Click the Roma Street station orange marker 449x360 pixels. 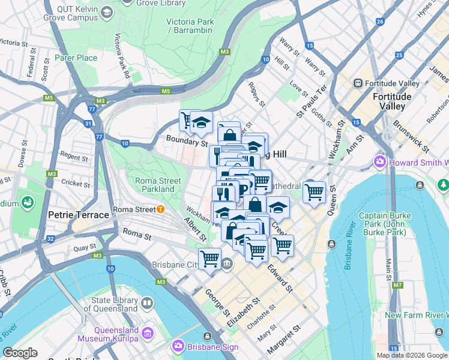[x=160, y=209]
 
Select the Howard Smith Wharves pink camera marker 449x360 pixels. [x=380, y=162]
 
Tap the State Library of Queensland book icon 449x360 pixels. [x=147, y=303]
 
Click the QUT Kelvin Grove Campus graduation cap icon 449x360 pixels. [x=106, y=11]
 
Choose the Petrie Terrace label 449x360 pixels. [x=79, y=214]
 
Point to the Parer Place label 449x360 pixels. [x=76, y=58]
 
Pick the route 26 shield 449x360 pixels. [x=379, y=22]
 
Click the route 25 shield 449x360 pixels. [x=399, y=56]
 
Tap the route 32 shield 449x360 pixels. [x=50, y=238]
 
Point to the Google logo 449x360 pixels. [x=20, y=353]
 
